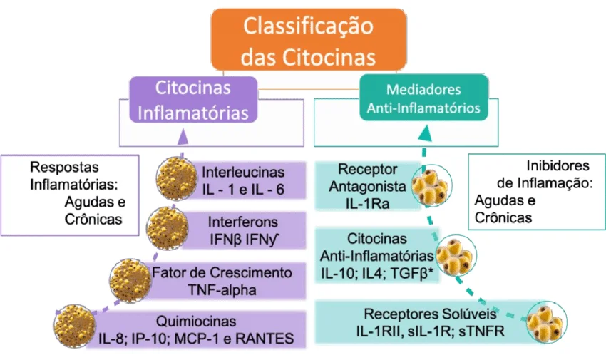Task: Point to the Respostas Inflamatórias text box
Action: [x=70, y=193]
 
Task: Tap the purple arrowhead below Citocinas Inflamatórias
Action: [x=183, y=133]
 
